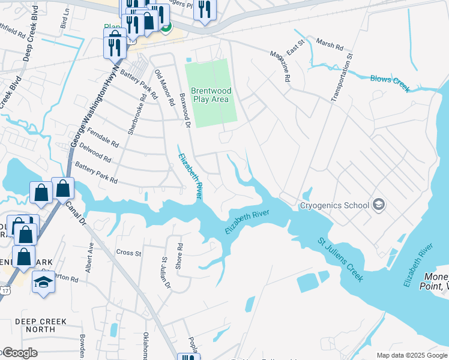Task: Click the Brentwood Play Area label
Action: [x=210, y=95]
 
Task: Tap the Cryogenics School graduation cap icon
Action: [x=378, y=205]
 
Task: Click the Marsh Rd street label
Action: [x=329, y=46]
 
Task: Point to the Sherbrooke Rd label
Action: [x=137, y=116]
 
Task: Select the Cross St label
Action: [x=128, y=253]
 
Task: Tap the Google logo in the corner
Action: [x=19, y=353]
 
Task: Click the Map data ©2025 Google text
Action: [x=411, y=355]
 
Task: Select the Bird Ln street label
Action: [x=64, y=23]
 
